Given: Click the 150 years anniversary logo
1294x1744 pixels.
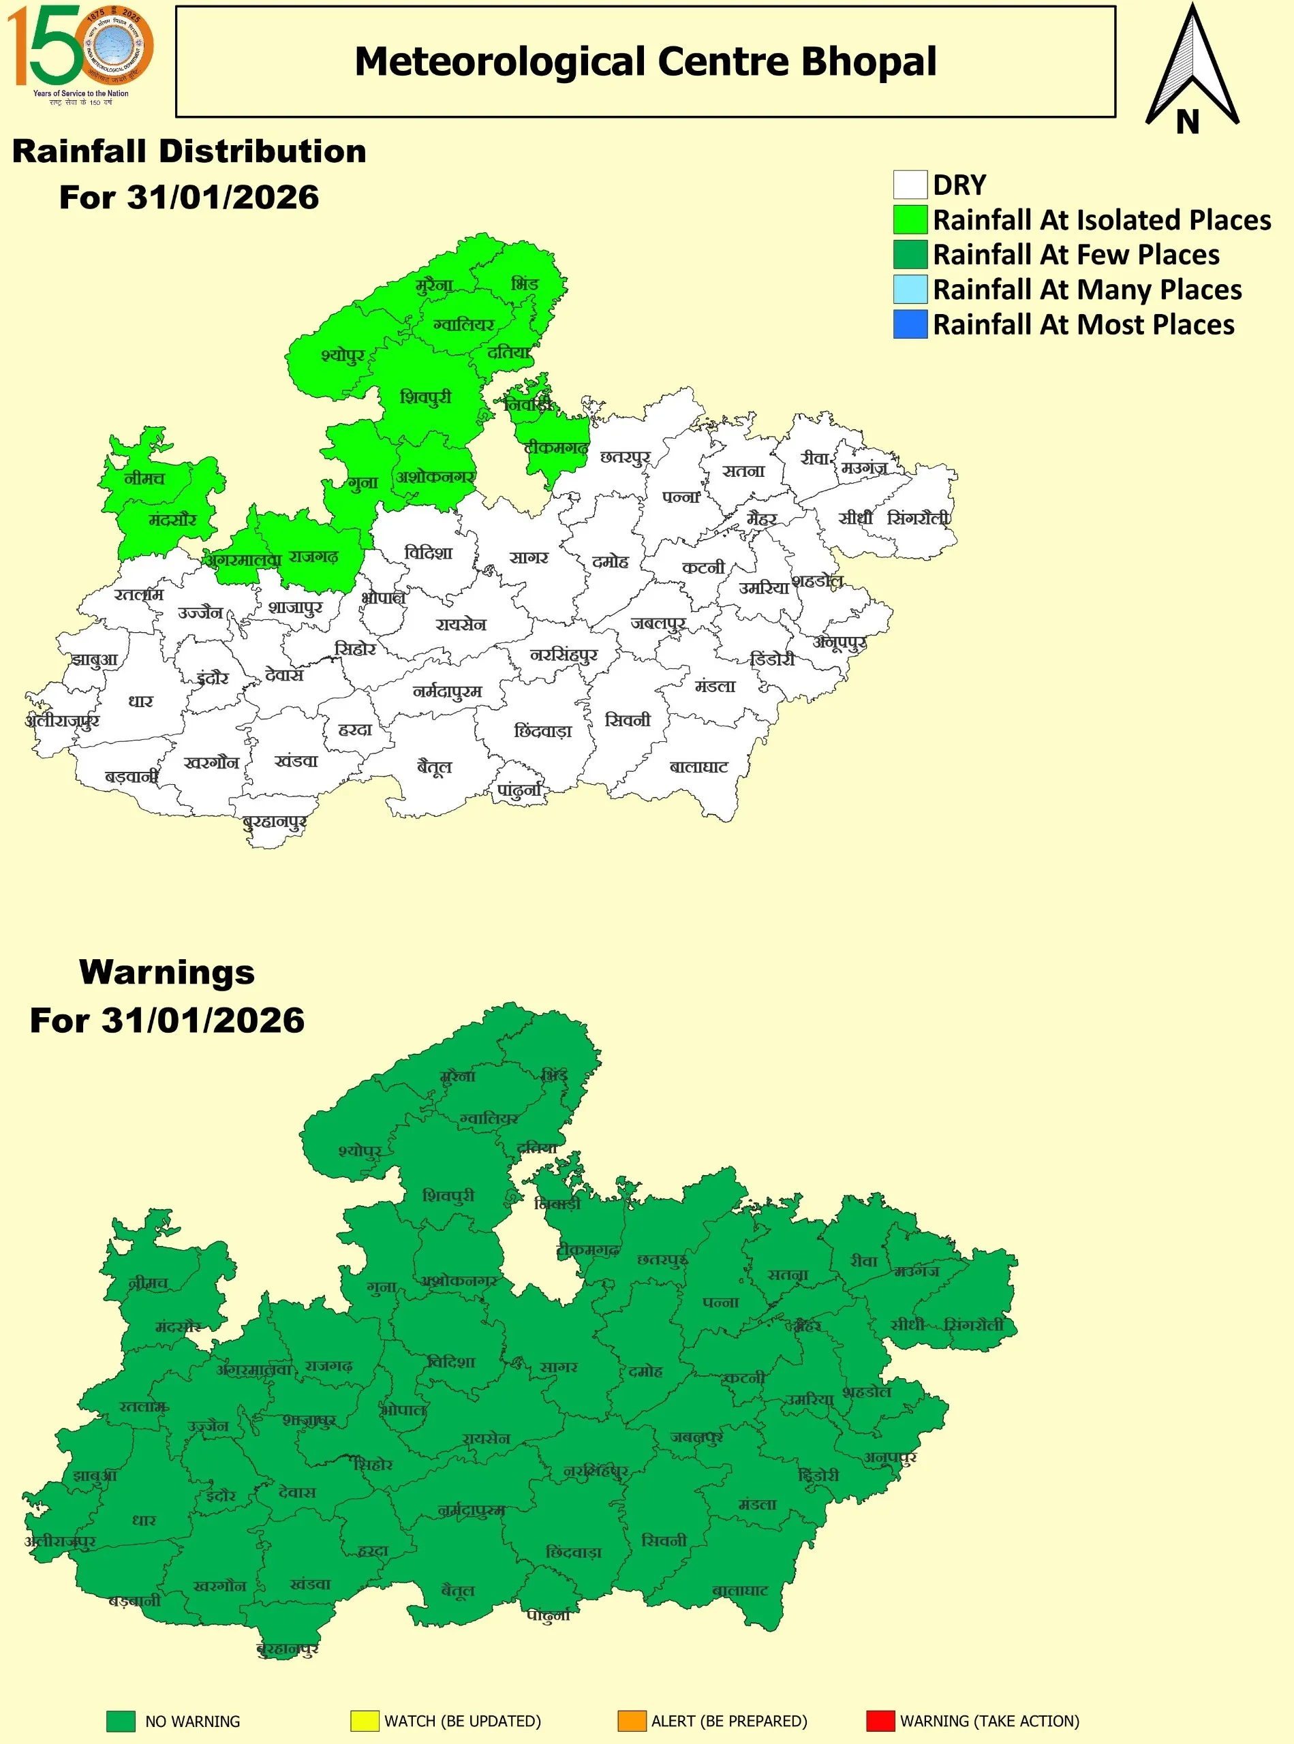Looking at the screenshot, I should tap(80, 54).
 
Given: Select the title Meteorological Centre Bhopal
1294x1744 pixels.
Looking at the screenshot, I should tap(645, 62).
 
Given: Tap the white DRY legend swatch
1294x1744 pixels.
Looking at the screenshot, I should tap(910, 185).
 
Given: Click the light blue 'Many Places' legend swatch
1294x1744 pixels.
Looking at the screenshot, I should tap(910, 289).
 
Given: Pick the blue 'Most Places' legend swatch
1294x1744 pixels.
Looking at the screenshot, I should tap(910, 324).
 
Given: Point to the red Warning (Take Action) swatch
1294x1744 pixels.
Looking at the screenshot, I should tap(880, 1721).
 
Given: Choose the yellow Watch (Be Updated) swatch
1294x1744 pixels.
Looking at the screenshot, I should tap(365, 1721).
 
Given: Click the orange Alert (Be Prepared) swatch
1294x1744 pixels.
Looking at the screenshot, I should tap(632, 1721).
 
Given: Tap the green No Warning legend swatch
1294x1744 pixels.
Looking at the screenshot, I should tap(121, 1721).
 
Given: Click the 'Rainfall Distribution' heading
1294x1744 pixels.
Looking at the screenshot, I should tap(189, 151).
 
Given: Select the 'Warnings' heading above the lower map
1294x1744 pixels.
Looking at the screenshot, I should tap(167, 973).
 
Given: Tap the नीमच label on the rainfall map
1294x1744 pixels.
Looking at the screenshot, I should tap(145, 478).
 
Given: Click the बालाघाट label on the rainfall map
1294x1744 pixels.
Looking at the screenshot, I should tap(698, 766).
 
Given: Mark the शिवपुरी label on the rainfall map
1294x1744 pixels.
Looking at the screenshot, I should tap(425, 397).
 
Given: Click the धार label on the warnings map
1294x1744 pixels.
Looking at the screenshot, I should tap(143, 1520).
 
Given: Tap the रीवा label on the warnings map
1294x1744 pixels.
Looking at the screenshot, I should tap(864, 1261).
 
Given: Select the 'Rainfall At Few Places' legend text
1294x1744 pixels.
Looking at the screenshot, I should tap(1076, 255).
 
